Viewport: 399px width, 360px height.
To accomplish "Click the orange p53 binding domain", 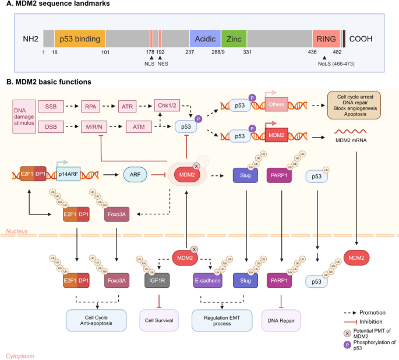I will click(x=80, y=39).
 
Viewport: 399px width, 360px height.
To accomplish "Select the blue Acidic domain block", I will click(x=204, y=39).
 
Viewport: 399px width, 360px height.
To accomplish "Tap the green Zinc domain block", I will click(x=234, y=39).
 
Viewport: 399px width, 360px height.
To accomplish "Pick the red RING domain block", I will click(x=326, y=39).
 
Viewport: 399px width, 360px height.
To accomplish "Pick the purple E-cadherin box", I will click(x=208, y=281).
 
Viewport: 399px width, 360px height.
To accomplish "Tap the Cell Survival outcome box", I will click(x=157, y=319).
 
